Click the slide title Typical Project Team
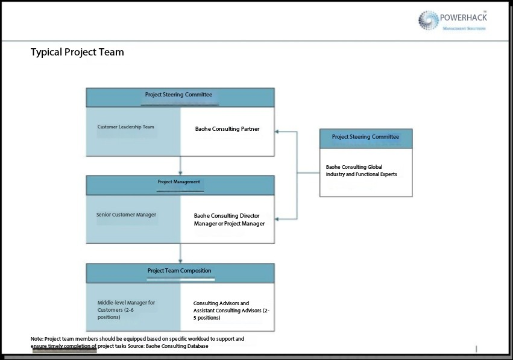(x=77, y=52)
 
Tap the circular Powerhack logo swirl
(x=429, y=20)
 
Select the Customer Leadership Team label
(x=126, y=127)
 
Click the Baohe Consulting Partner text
(x=227, y=129)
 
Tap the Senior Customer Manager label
(x=126, y=215)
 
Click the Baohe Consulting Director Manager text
(x=229, y=219)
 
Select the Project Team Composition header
(x=179, y=271)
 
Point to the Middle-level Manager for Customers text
(x=127, y=309)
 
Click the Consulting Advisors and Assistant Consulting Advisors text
(x=231, y=311)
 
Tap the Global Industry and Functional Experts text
(x=361, y=171)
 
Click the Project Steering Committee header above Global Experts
(x=365, y=137)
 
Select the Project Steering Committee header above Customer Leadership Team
(x=178, y=95)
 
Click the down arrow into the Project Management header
(x=180, y=172)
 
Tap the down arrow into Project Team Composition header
(x=180, y=260)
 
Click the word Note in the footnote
(x=37, y=339)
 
